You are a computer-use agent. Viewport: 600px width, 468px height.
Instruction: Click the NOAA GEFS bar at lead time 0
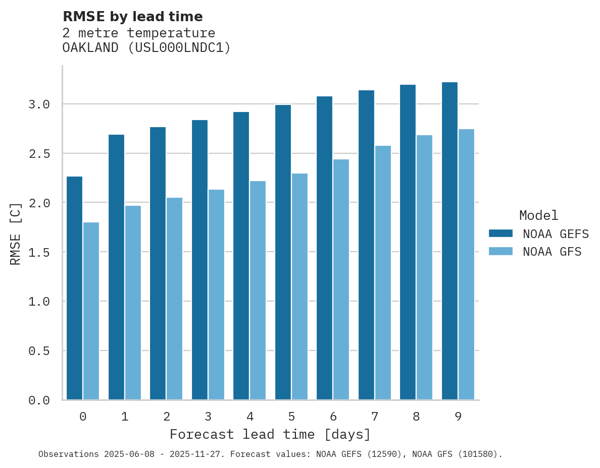[74, 288]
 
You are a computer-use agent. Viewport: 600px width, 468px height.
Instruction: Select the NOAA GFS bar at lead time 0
[91, 311]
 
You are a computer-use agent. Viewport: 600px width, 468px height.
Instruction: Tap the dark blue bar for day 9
[449, 241]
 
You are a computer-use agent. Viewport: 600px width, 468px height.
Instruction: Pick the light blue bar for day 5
[299, 286]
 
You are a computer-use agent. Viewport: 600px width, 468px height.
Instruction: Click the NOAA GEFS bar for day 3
[199, 260]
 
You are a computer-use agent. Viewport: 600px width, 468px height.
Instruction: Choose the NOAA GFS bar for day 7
[383, 272]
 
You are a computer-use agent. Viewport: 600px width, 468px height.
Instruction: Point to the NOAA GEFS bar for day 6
[324, 248]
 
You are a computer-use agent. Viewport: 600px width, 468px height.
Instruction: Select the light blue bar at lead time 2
[174, 299]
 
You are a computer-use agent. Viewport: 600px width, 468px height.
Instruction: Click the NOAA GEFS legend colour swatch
[501, 233]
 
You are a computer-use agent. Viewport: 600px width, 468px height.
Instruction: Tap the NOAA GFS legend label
[552, 252]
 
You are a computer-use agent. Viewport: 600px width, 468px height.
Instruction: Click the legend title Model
[538, 215]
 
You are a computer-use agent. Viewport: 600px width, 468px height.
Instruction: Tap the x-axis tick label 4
[249, 417]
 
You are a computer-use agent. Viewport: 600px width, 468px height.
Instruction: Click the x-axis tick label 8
[416, 417]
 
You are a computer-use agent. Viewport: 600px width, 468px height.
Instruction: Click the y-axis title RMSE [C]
[16, 233]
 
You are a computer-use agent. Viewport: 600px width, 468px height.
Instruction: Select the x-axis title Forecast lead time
[270, 434]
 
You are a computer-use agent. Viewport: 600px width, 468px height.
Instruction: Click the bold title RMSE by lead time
[132, 17]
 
